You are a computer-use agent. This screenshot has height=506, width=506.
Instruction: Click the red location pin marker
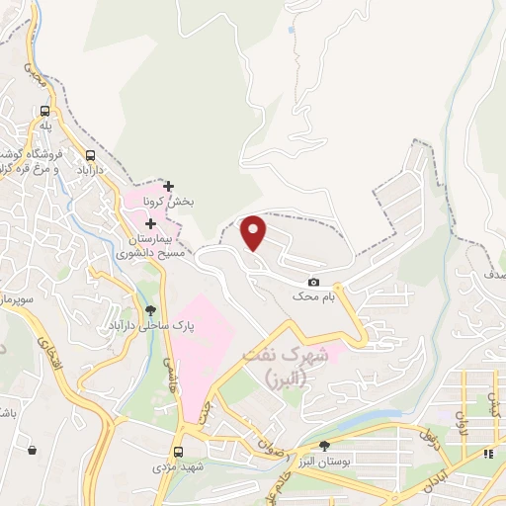pyautogui.click(x=254, y=232)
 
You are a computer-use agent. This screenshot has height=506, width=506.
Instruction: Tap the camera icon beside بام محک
pyautogui.click(x=314, y=282)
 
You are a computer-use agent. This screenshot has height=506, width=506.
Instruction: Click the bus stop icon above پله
pyautogui.click(x=44, y=112)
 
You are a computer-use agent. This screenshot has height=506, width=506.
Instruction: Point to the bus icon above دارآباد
pyautogui.click(x=91, y=155)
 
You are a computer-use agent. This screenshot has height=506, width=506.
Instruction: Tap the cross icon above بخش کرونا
pyautogui.click(x=169, y=186)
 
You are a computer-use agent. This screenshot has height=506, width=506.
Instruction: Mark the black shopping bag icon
pyautogui.click(x=33, y=450)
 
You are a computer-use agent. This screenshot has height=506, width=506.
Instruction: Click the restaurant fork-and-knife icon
pyautogui.click(x=488, y=454)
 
